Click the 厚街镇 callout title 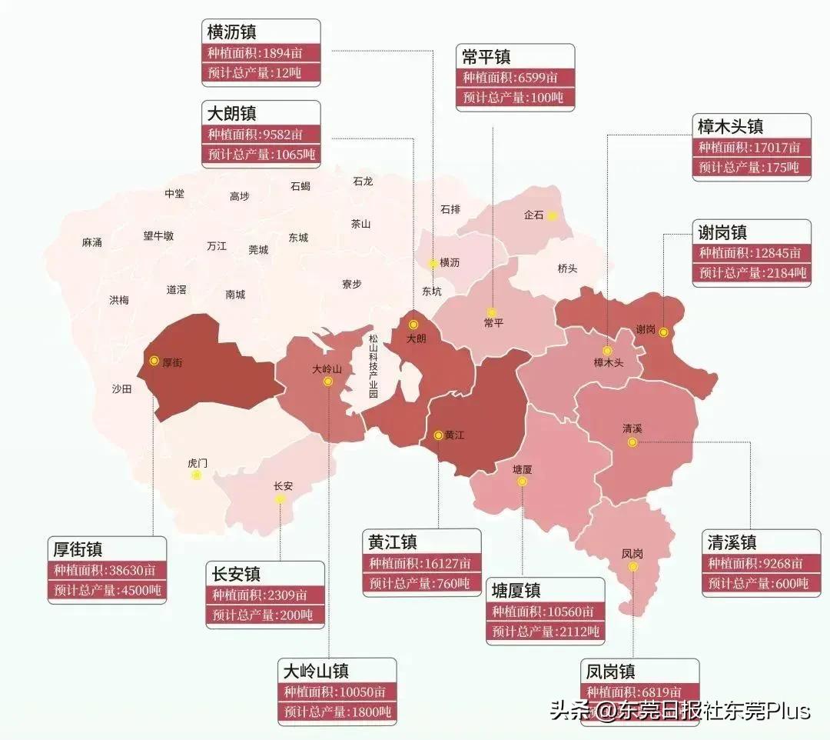[78, 549]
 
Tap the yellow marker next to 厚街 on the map [154, 360]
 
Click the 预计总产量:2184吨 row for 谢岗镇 [752, 273]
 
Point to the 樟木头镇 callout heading [730, 126]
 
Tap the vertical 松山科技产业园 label [373, 365]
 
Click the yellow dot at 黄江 [438, 435]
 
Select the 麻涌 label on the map [91, 242]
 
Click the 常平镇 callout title [486, 57]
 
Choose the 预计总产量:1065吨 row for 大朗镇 [261, 154]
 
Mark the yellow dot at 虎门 [197, 475]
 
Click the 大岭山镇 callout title [316, 670]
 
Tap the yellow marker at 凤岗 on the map [632, 566]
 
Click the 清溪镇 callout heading [732, 542]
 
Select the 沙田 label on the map [121, 389]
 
